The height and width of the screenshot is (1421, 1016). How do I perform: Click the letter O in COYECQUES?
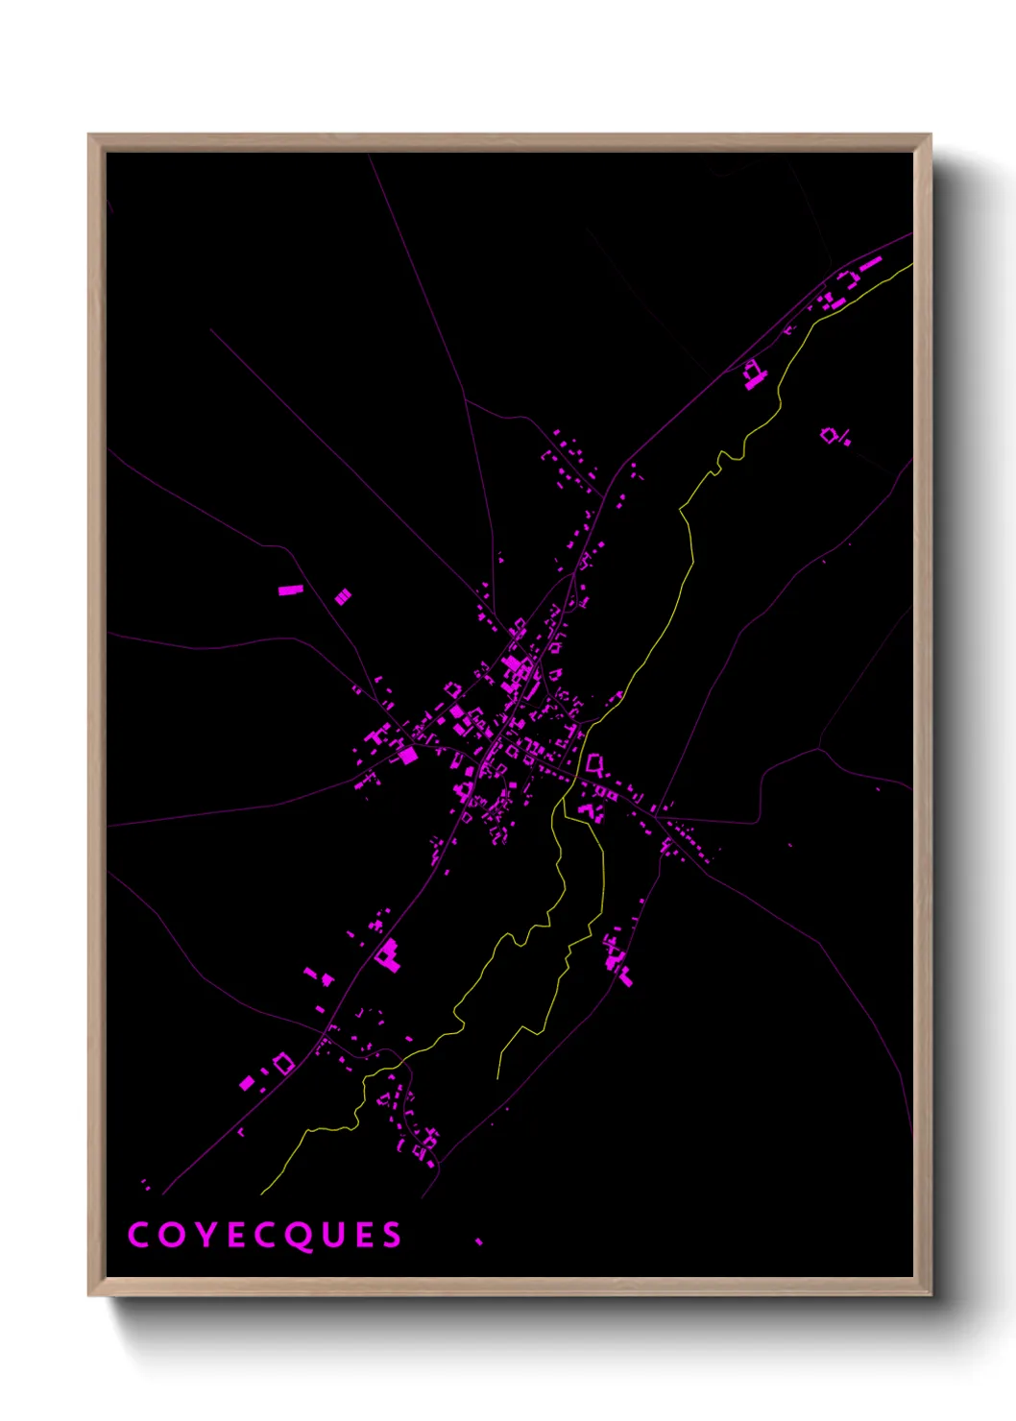169,1235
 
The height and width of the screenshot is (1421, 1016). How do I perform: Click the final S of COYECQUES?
391,1235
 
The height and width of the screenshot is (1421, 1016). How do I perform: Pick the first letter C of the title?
138,1235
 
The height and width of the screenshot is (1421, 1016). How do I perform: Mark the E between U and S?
361,1235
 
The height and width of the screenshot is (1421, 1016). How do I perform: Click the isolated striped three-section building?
343,597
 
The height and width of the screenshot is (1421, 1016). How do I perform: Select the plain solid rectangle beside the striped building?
291,590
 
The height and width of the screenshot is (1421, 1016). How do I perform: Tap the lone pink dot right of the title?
478,1241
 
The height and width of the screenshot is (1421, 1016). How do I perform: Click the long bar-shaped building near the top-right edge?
870,262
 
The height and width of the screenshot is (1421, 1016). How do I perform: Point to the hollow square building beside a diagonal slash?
828,435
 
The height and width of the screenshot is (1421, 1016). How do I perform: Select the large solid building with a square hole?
387,955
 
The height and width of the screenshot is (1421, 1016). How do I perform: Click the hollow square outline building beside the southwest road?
283,1063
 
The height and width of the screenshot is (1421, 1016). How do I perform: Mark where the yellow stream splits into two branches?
565,807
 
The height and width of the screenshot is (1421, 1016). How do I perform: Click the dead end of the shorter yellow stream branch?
497,1078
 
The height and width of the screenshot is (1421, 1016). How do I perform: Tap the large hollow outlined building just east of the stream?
595,764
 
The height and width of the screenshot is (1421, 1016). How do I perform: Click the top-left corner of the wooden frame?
89,134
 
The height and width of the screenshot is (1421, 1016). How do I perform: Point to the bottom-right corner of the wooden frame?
931,1295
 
